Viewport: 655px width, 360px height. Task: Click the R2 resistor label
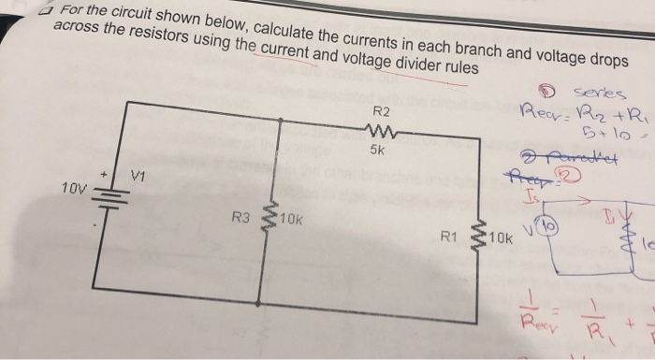[379, 113]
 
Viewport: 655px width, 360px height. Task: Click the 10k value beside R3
[291, 220]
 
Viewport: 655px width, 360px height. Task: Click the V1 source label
[138, 174]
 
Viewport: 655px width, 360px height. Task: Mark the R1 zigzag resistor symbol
[479, 238]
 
